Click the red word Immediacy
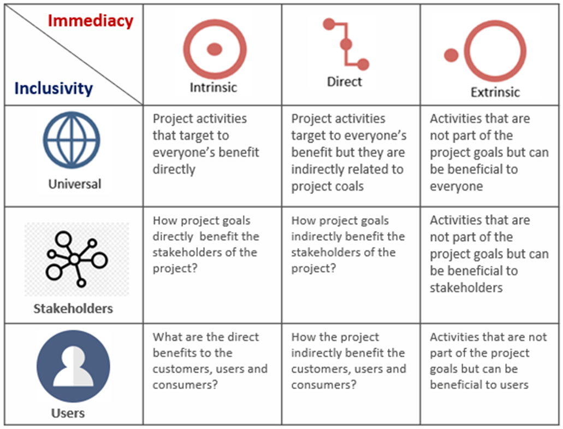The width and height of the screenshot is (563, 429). (x=91, y=21)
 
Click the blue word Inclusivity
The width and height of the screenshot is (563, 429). (x=54, y=89)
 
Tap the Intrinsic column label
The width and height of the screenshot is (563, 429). (x=214, y=87)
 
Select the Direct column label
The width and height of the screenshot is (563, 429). (x=345, y=82)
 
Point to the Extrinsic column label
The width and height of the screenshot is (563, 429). (x=495, y=92)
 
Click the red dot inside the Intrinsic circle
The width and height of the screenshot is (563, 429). (x=215, y=49)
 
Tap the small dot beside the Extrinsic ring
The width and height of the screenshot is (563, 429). (x=451, y=55)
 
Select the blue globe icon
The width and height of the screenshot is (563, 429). (x=72, y=140)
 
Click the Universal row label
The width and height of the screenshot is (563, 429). (x=75, y=184)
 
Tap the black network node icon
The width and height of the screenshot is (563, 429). (x=76, y=258)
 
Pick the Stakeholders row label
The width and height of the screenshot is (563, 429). (x=73, y=309)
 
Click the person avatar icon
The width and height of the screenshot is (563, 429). (x=73, y=366)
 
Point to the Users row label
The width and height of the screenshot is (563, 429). (x=68, y=413)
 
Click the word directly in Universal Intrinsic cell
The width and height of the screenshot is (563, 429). (x=174, y=169)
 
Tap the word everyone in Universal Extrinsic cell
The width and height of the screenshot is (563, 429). (x=457, y=187)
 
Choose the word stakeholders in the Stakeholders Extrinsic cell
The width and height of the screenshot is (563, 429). (x=466, y=288)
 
